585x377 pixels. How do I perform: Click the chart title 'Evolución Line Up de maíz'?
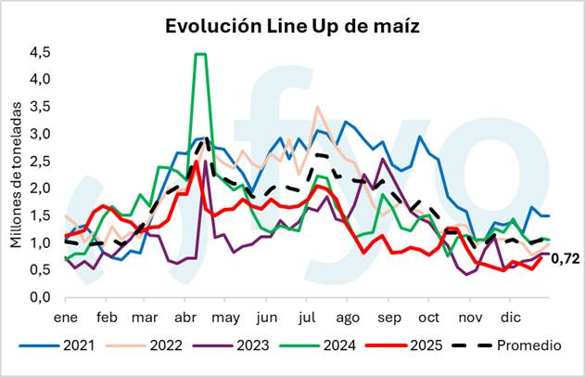tap(293, 25)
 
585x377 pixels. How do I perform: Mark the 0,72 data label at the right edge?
tap(565, 259)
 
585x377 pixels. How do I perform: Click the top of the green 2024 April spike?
tap(200, 54)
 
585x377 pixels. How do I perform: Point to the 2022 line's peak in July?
tap(317, 107)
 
